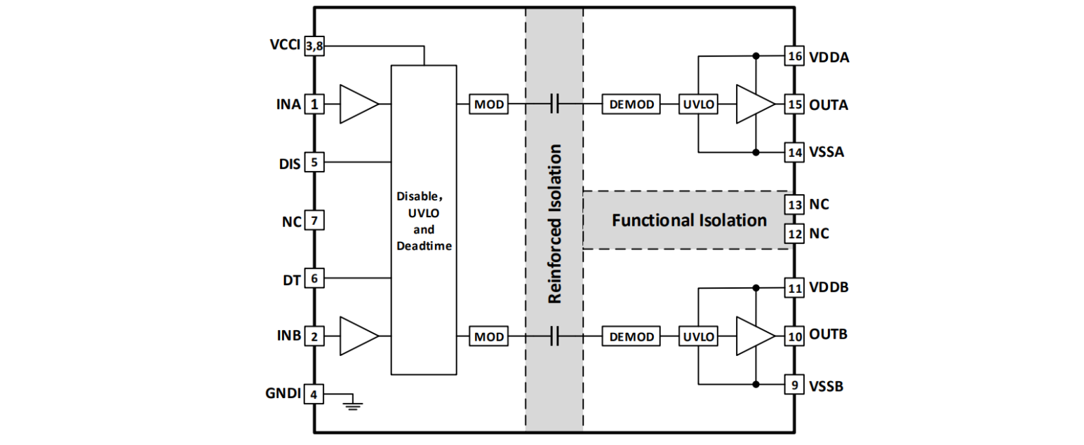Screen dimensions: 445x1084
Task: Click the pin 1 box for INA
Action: point(314,105)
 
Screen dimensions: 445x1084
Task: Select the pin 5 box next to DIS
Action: point(314,163)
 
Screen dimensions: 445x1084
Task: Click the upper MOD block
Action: point(489,105)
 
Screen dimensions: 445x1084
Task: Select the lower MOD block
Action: point(489,337)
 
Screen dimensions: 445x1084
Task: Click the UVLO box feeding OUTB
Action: point(698,337)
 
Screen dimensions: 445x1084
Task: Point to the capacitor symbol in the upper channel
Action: point(554,105)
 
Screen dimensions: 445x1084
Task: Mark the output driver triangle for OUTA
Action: point(754,105)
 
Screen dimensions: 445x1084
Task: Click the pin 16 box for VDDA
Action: point(794,56)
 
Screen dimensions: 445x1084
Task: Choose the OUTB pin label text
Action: point(828,334)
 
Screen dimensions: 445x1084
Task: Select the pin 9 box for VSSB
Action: point(794,384)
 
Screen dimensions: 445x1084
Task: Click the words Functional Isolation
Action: point(689,221)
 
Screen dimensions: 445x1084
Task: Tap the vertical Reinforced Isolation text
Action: point(554,224)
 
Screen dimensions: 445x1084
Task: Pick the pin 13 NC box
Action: point(794,205)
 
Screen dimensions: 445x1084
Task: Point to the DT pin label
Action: point(291,280)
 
